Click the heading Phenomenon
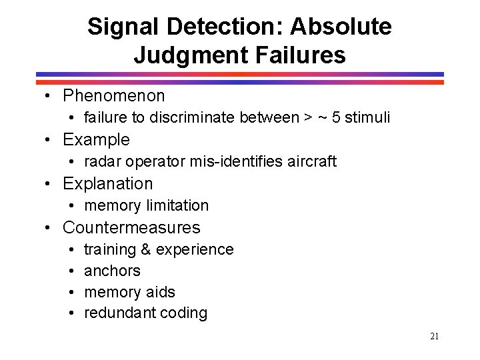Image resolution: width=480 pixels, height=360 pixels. [x=113, y=96]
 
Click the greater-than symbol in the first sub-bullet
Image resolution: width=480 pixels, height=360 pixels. [x=307, y=118]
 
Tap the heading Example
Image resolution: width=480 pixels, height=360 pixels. [x=96, y=140]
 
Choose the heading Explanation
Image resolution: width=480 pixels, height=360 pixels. [x=107, y=184]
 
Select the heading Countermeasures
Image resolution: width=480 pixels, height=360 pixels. [x=131, y=228]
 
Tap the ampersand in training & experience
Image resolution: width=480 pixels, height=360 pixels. [x=146, y=250]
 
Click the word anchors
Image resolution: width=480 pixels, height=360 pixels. [x=112, y=271]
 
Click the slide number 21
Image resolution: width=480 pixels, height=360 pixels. [x=434, y=337]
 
